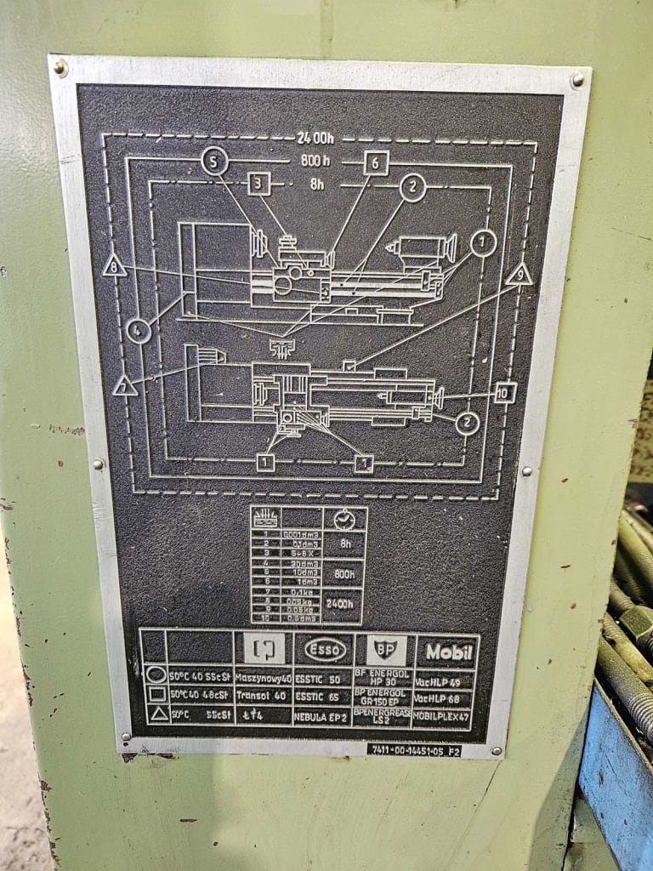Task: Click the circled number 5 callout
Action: (x=215, y=160)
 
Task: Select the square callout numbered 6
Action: (x=376, y=162)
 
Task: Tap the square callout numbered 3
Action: (x=259, y=184)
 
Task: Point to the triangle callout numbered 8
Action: (x=114, y=266)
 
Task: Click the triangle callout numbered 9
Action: (x=519, y=275)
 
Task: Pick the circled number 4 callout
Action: (x=138, y=330)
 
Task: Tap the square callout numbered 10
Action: (x=505, y=392)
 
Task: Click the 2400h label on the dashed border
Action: (x=315, y=137)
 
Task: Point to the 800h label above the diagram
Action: (x=315, y=161)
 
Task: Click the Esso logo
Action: (x=325, y=650)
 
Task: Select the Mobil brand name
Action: (x=449, y=652)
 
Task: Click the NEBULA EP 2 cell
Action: (x=324, y=715)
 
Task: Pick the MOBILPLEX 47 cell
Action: (x=442, y=716)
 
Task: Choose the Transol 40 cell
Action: (x=264, y=697)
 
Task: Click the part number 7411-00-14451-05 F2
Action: (x=415, y=750)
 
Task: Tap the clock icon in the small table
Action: (x=344, y=520)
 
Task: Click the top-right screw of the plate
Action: (x=577, y=80)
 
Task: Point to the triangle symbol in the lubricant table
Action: (x=159, y=715)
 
